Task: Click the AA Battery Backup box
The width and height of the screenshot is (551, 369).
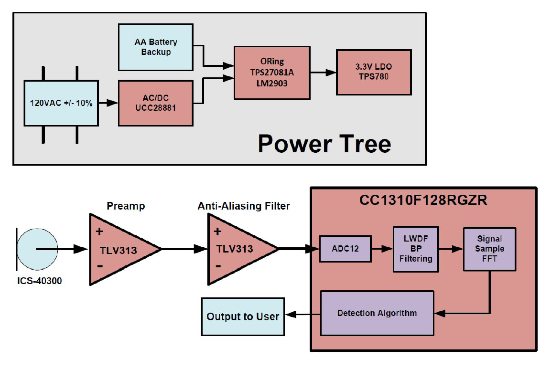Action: [155, 46]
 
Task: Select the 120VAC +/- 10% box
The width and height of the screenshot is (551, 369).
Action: [61, 103]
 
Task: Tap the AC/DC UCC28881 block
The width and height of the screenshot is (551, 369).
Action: [155, 103]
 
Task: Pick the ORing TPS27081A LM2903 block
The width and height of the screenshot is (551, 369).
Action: [271, 73]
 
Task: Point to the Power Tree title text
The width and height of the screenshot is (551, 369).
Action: [324, 143]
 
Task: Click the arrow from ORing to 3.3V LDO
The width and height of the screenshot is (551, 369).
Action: [323, 73]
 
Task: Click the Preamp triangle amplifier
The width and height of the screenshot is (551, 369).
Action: [119, 249]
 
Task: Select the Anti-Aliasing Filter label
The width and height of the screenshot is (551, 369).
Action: [244, 206]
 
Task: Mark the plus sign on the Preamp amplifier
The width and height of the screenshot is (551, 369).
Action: [100, 232]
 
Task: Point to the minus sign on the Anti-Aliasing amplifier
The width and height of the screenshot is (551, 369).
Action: [218, 266]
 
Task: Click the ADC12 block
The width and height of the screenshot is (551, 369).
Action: [345, 249]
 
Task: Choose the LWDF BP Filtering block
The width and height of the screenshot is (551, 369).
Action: [415, 249]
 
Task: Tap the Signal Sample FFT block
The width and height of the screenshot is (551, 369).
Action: [489, 249]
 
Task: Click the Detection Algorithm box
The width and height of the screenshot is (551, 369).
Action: [377, 313]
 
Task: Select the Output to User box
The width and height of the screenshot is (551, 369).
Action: [243, 316]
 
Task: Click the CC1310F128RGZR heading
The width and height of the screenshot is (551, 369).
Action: [423, 200]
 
